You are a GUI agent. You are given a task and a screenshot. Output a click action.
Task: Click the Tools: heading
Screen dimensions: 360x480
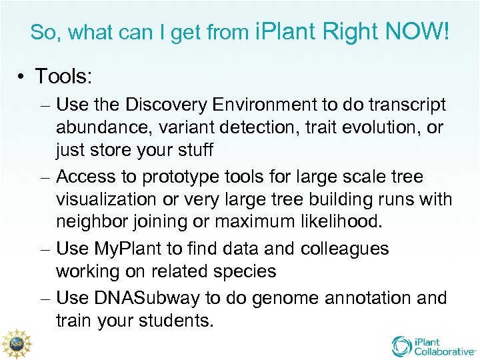(63, 77)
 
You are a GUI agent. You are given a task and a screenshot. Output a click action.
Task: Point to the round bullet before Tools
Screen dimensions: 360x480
(21, 77)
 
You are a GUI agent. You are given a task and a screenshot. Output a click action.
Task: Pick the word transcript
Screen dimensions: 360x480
(402, 105)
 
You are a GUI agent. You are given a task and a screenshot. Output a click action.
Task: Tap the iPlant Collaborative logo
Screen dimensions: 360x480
(434, 345)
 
